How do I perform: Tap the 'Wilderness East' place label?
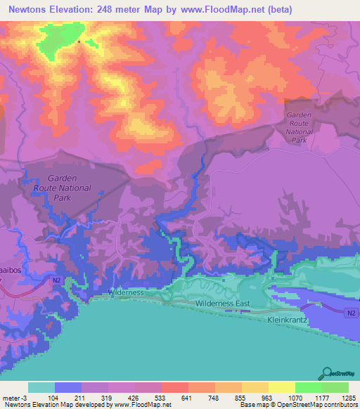point(223,303)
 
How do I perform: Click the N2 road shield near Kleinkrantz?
point(351,313)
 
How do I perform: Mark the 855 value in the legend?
point(242,398)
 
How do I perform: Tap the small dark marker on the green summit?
point(79,41)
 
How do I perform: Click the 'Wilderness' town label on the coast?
point(127,292)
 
